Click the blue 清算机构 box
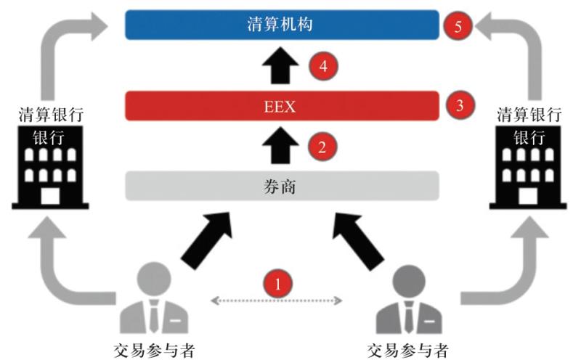tap(282, 25)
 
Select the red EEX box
tap(282, 106)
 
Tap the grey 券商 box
tap(282, 186)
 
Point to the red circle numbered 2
tap(321, 147)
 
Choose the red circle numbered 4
tap(322, 66)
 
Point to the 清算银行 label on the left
tap(49, 115)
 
